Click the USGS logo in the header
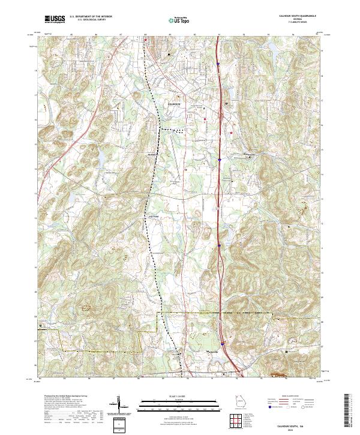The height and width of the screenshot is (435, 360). pos(55,19)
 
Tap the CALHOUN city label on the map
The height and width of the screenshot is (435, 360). pos(173,104)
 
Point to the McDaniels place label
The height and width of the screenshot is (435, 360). pos(152,154)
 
